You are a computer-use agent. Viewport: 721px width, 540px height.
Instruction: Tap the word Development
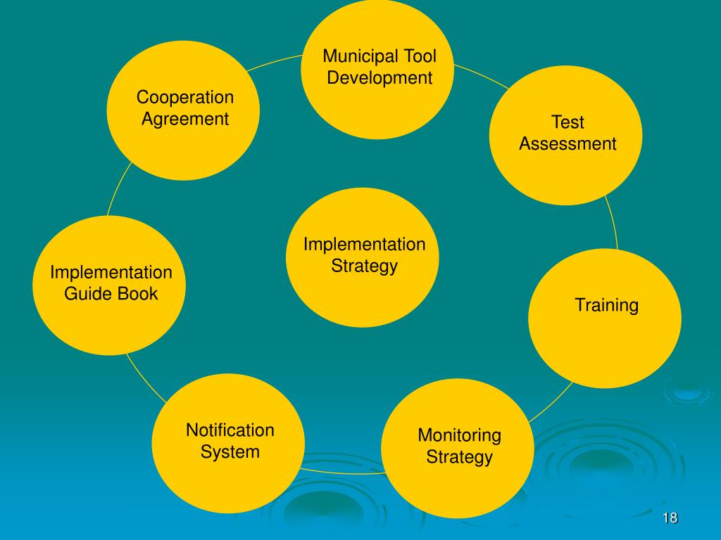point(380,78)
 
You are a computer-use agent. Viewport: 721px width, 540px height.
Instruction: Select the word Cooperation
point(185,97)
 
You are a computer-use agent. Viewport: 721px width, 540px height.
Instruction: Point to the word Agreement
point(185,119)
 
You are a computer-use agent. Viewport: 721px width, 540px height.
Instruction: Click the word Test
point(568,122)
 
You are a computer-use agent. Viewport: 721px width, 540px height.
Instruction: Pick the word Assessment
point(568,144)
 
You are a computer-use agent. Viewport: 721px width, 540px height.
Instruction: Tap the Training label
point(606,305)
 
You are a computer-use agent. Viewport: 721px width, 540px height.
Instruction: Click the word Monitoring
point(459,435)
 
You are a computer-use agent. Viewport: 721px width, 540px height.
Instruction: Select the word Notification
point(230,430)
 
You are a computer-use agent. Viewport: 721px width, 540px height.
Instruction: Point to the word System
point(230,451)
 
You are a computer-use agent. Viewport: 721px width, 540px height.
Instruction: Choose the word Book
point(138,294)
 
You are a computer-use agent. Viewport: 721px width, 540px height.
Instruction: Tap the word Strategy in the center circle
point(364,266)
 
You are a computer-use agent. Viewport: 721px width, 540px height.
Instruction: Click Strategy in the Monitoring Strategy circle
point(459,458)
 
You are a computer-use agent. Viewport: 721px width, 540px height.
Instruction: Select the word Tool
point(420,56)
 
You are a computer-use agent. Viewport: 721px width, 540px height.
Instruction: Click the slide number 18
point(670,518)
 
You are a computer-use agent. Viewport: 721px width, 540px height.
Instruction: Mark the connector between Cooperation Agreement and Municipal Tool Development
point(276,62)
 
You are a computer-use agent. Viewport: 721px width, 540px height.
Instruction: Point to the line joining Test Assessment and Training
point(613,224)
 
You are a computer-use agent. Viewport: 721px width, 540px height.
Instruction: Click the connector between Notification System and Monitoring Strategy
point(343,471)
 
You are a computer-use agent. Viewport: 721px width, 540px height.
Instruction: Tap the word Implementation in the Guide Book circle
point(111,272)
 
